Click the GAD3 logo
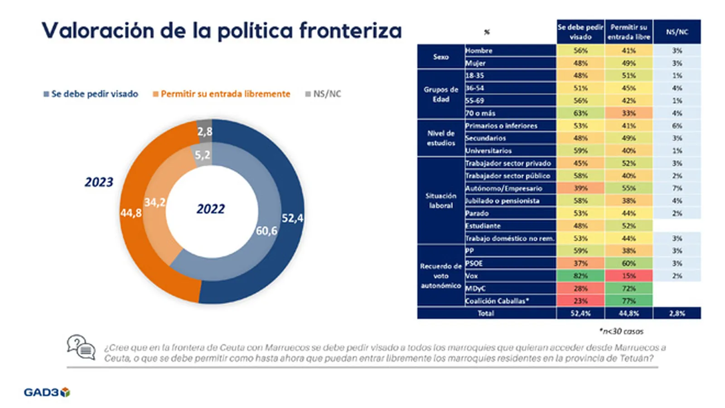(x=47, y=392)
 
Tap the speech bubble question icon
(x=81, y=347)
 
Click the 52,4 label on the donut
(x=292, y=218)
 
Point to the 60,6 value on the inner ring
(x=266, y=231)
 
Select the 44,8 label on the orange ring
(x=131, y=213)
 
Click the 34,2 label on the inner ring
(x=155, y=202)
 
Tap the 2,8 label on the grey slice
(x=205, y=131)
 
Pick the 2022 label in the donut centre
(x=211, y=209)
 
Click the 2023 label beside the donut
(x=99, y=182)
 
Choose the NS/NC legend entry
(x=323, y=94)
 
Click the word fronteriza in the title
(x=350, y=31)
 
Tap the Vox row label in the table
(x=472, y=276)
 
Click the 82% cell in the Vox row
(x=580, y=276)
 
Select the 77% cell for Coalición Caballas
(x=628, y=301)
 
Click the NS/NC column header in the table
(x=677, y=32)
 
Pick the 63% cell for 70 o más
(x=580, y=113)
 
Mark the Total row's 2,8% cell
(x=677, y=313)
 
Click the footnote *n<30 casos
(x=621, y=331)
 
